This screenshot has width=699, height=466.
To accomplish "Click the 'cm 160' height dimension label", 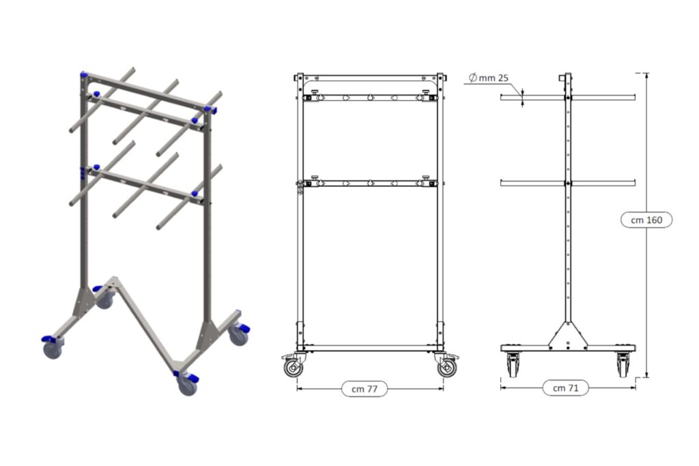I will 646,220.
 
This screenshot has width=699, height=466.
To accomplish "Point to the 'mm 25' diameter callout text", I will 494,78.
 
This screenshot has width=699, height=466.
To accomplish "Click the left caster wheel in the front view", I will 293,368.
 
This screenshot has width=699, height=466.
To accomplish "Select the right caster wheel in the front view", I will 446,368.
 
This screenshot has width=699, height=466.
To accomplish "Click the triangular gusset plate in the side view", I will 567,335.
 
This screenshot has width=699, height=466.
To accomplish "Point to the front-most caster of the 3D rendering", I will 187,386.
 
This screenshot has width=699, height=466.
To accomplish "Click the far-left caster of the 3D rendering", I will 53,349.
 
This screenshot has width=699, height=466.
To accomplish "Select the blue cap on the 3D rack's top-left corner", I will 84,74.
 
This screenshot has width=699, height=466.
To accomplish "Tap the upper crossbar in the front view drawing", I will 369,98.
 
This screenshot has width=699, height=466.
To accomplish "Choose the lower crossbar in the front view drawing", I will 369,183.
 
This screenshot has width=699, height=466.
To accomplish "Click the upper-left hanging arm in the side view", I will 532,98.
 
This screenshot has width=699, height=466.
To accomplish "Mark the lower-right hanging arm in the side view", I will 603,182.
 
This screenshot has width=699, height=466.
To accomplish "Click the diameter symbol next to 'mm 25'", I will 472,78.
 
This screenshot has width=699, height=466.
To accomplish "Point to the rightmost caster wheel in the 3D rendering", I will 238,334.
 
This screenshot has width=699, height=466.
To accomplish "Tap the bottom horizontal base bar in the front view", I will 369,348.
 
